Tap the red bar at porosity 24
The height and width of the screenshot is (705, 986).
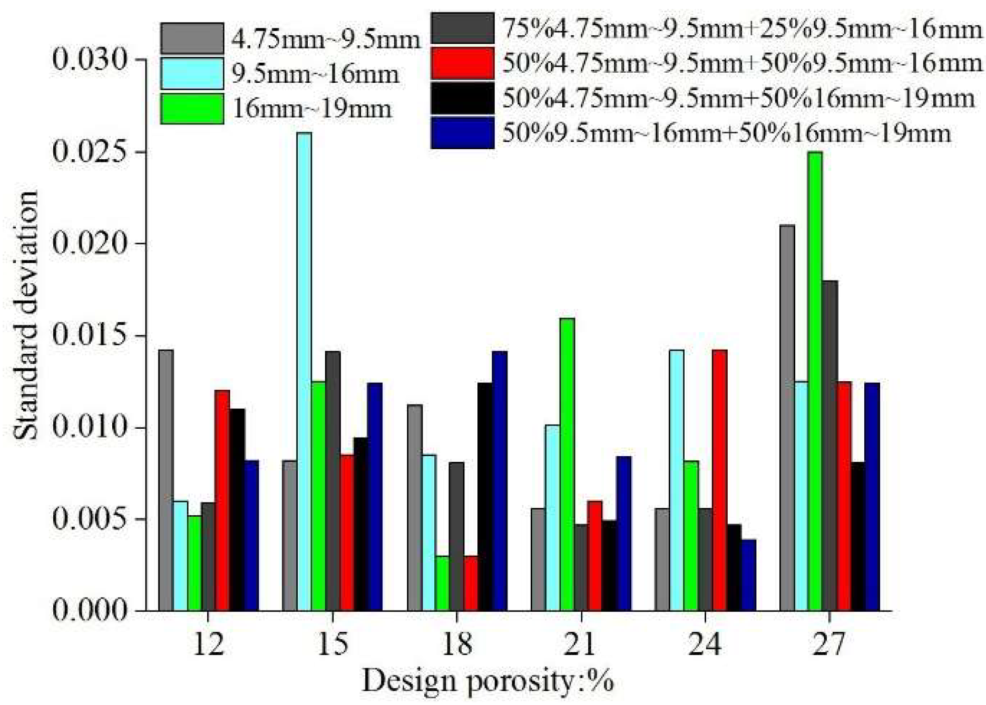[x=719, y=480]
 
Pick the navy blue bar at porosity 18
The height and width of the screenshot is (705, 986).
[x=500, y=480]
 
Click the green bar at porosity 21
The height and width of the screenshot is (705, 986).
[x=567, y=464]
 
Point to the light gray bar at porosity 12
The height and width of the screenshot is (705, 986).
[x=165, y=480]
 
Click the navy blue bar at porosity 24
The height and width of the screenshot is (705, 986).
[x=749, y=575]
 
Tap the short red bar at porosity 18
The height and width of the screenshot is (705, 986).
[x=471, y=583]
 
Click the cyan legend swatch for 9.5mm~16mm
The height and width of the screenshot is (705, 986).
[x=192, y=73]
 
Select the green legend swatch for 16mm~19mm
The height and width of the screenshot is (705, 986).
[x=192, y=109]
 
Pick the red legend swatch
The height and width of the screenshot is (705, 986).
[x=462, y=63]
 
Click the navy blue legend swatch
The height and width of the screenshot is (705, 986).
[x=462, y=133]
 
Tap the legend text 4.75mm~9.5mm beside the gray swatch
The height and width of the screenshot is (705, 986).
[x=325, y=38]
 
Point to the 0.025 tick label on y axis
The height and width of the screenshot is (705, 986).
[x=90, y=151]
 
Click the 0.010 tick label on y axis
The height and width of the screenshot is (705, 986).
[x=90, y=427]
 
